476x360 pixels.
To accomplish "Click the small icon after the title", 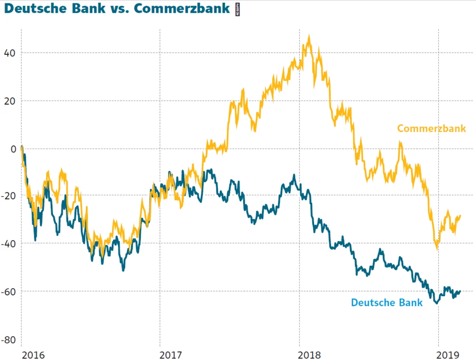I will coord(238,9).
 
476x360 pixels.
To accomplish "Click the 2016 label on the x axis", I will coord(33,354).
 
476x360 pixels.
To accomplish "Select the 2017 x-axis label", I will coord(171,354).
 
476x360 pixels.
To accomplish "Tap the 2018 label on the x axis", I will coord(310,354).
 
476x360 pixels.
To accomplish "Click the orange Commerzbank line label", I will coord(431,129).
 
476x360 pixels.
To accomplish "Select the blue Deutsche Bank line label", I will coord(387,302).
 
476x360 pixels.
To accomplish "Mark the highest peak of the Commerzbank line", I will coord(309,36).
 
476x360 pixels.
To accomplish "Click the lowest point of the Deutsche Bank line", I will coord(436,302).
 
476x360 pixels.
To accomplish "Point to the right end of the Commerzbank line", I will coord(460,216).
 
